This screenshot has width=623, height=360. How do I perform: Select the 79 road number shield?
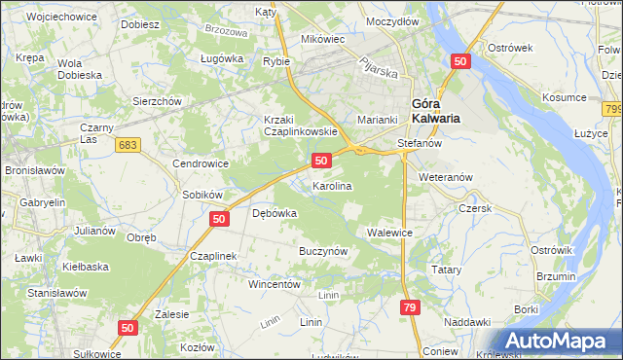[409, 307]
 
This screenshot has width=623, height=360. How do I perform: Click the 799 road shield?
[612, 110]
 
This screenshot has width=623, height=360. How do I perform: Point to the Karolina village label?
[331, 185]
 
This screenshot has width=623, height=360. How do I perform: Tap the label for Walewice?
[390, 234]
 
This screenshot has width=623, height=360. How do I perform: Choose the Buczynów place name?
[323, 251]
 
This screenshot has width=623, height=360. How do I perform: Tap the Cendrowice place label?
[201, 163]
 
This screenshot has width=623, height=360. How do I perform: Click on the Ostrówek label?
[509, 48]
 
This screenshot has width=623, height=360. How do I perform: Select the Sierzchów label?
[158, 100]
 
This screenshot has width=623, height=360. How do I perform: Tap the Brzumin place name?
[556, 277]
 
